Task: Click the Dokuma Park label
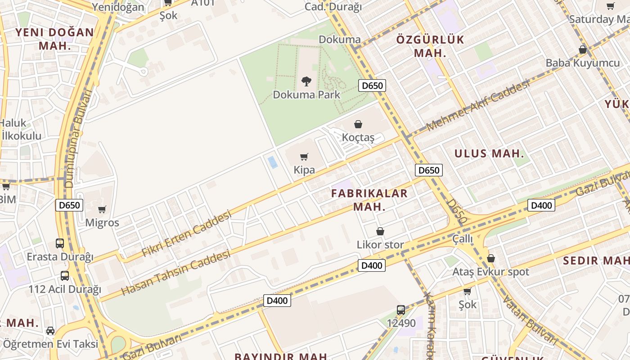(307, 95)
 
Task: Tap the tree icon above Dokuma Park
(306, 81)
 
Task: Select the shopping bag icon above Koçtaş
(358, 124)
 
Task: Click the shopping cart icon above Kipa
(304, 157)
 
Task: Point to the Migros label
(102, 223)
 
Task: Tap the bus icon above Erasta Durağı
(60, 243)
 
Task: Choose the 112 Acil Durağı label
(65, 289)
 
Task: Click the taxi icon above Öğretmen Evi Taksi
(50, 331)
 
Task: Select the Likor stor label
(380, 245)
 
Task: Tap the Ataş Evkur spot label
(490, 272)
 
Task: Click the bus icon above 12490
(401, 310)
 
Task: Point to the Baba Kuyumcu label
(582, 63)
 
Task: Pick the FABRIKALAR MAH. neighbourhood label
(369, 200)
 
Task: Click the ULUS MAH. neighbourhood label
(489, 153)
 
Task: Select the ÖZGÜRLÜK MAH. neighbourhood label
(430, 46)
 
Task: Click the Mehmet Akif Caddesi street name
(478, 107)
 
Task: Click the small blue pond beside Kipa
(273, 162)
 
